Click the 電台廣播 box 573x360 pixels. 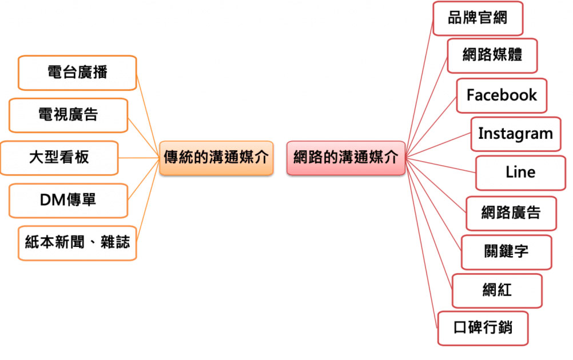[77, 73]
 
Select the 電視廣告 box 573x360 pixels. [68, 115]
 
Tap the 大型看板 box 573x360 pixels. [59, 158]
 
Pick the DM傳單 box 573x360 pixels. [68, 200]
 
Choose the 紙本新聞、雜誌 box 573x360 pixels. [77, 243]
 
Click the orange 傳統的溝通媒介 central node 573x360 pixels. [216, 158]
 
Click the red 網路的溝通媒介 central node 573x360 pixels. [345, 158]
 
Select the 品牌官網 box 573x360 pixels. [477, 18]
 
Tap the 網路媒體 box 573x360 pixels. [492, 55]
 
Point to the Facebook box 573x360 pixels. [502, 95]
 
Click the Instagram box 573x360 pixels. [515, 134]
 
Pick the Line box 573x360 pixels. [520, 173]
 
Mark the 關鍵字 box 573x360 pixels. [506, 251]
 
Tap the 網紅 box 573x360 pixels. [496, 290]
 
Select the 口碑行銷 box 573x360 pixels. [483, 328]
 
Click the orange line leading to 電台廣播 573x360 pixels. [148, 114]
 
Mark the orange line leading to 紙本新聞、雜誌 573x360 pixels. [148, 201]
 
